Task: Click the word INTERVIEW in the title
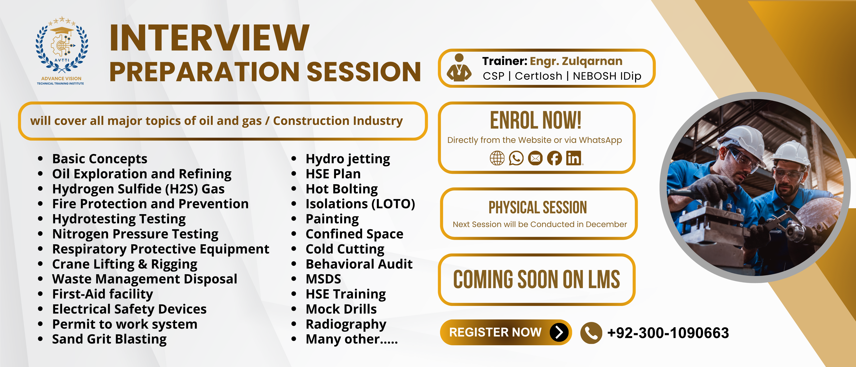click(x=209, y=38)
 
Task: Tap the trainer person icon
click(x=459, y=68)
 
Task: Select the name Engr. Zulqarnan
click(x=576, y=61)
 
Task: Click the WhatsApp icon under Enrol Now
click(x=516, y=158)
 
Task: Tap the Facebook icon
click(x=554, y=158)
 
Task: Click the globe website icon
click(x=497, y=158)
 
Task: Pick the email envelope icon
click(x=535, y=158)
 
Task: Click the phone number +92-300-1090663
click(x=668, y=333)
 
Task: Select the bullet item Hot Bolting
click(x=342, y=189)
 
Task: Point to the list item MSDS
click(x=323, y=279)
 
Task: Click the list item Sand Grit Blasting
click(x=109, y=339)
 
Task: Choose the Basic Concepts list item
click(x=100, y=159)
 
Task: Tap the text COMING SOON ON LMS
click(x=536, y=279)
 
